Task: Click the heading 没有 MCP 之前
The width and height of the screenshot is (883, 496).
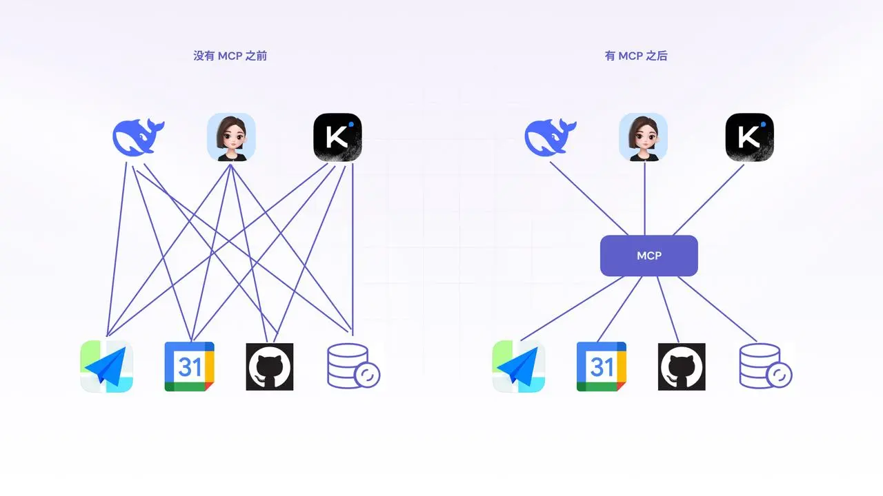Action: pyautogui.click(x=230, y=56)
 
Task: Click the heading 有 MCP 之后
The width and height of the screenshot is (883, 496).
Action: pyautogui.click(x=636, y=56)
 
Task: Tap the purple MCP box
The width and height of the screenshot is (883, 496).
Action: pyautogui.click(x=649, y=256)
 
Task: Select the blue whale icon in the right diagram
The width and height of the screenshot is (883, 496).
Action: pyautogui.click(x=550, y=136)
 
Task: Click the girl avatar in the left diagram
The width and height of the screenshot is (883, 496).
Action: pyautogui.click(x=232, y=137)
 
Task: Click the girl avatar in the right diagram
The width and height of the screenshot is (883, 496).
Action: pyautogui.click(x=644, y=137)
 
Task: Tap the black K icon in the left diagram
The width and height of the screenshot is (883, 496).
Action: pyautogui.click(x=337, y=138)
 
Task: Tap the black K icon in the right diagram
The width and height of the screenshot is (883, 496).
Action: pyautogui.click(x=749, y=138)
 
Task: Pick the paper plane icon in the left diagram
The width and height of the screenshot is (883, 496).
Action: pyautogui.click(x=106, y=366)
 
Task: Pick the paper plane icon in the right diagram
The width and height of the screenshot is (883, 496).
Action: pyautogui.click(x=518, y=366)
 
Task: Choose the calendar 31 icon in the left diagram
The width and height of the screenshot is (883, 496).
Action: pyautogui.click(x=190, y=366)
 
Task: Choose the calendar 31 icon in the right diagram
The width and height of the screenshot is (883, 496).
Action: pyautogui.click(x=602, y=366)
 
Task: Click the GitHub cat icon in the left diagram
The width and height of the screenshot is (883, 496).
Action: pyautogui.click(x=270, y=366)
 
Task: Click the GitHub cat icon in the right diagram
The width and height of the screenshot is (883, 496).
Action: pyautogui.click(x=682, y=366)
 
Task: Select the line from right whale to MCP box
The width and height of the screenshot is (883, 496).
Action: pyautogui.click(x=588, y=198)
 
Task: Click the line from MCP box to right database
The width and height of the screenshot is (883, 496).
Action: pyautogui.click(x=717, y=309)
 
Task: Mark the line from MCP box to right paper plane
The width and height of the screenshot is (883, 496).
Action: pyautogui.click(x=573, y=309)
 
